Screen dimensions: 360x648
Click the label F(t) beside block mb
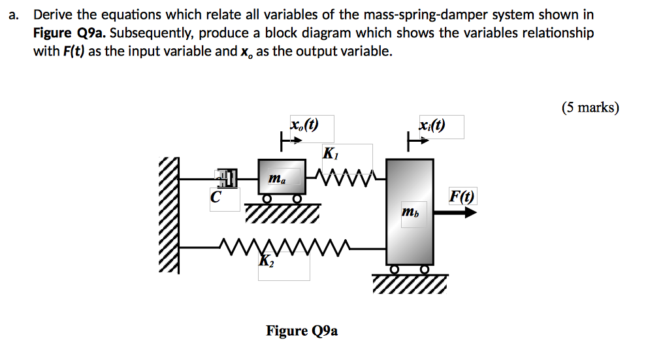(462, 195)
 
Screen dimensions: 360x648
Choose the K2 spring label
(266, 261)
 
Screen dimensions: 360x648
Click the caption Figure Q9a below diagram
(302, 331)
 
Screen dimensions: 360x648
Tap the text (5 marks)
(589, 108)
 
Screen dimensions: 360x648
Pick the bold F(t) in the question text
(73, 52)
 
